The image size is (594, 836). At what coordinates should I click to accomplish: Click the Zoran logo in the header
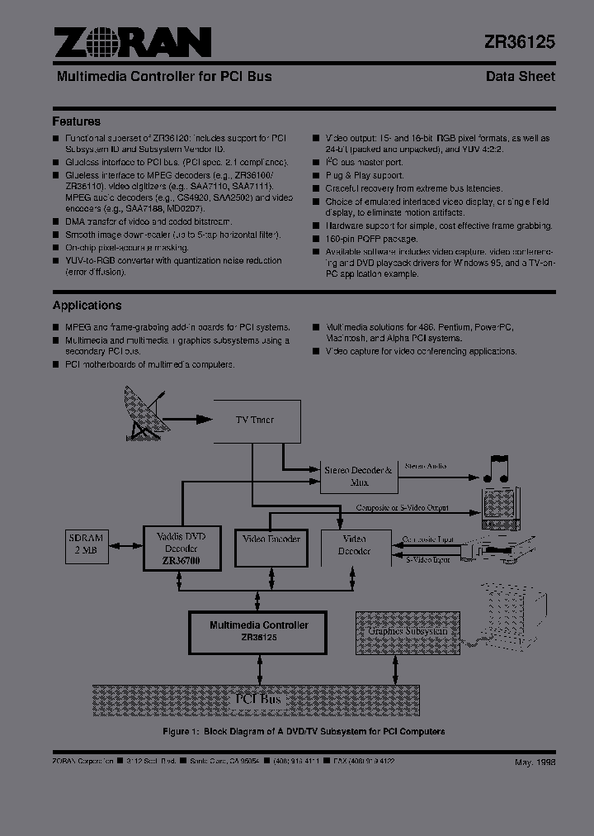tap(132, 42)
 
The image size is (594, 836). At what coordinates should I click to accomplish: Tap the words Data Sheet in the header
tap(520, 76)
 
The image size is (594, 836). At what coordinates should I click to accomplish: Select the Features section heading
tap(77, 121)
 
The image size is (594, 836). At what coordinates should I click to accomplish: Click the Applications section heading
tap(87, 306)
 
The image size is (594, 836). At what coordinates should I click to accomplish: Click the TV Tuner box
tap(257, 420)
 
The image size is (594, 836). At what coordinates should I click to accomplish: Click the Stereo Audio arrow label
tap(426, 466)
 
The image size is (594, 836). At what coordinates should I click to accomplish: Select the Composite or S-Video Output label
tap(403, 507)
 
